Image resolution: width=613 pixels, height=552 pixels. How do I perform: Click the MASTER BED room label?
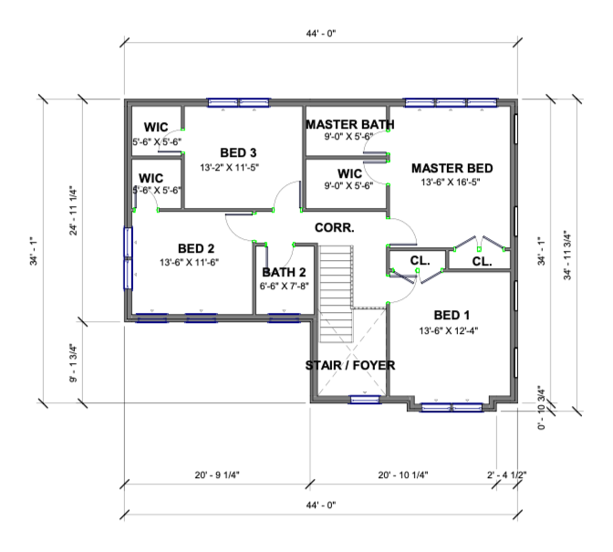point(452,169)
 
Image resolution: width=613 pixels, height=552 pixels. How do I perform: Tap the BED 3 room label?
point(238,152)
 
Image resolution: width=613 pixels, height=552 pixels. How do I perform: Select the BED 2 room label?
point(196,248)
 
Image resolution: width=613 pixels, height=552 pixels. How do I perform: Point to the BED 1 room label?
point(452,315)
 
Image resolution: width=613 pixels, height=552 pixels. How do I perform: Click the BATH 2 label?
point(284,272)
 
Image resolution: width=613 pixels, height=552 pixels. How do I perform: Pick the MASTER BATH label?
point(350,124)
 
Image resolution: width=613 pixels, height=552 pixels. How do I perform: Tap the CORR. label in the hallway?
point(334,227)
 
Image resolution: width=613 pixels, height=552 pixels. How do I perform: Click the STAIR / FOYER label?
point(350,366)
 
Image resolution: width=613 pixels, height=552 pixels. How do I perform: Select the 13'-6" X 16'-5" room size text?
point(451,182)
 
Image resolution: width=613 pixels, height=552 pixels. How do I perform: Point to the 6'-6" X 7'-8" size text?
point(285,286)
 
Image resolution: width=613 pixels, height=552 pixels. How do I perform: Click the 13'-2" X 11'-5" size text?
point(230,168)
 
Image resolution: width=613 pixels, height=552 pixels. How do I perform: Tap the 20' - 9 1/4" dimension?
point(217,475)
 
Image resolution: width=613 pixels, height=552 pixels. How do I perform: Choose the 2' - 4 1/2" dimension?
point(506,475)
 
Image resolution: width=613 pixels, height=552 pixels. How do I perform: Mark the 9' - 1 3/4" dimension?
point(73,363)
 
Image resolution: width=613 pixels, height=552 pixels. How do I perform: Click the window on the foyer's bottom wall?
point(364,400)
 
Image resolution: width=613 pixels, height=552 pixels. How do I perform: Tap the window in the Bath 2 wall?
point(284,318)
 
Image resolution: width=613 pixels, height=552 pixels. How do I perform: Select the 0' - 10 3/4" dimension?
point(542,408)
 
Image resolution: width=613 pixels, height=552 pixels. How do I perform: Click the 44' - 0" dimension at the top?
point(321,33)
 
